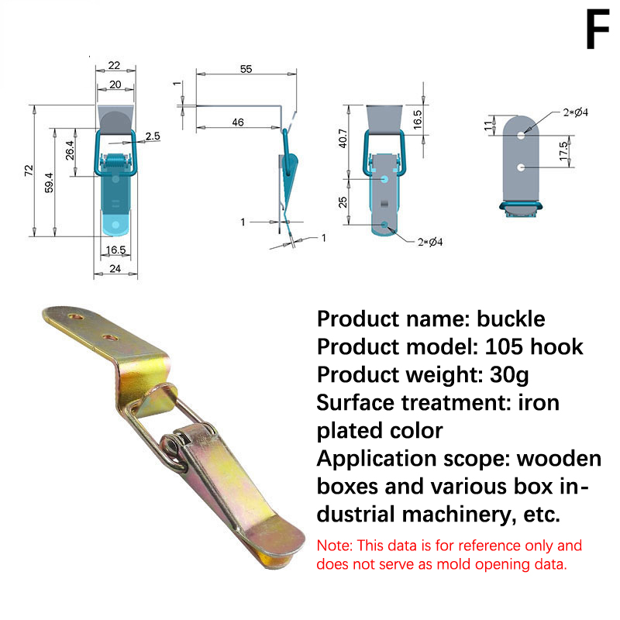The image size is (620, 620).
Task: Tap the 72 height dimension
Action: tap(29, 170)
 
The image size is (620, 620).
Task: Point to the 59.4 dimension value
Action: tap(49, 182)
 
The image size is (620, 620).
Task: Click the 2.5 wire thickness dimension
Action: tap(152, 136)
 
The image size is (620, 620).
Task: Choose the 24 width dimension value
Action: tap(115, 270)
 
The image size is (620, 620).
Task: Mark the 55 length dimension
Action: tap(246, 69)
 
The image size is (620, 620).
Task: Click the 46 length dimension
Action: tap(237, 122)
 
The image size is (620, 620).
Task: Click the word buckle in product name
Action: tap(511, 319)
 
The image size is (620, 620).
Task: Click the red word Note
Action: tap(333, 546)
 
